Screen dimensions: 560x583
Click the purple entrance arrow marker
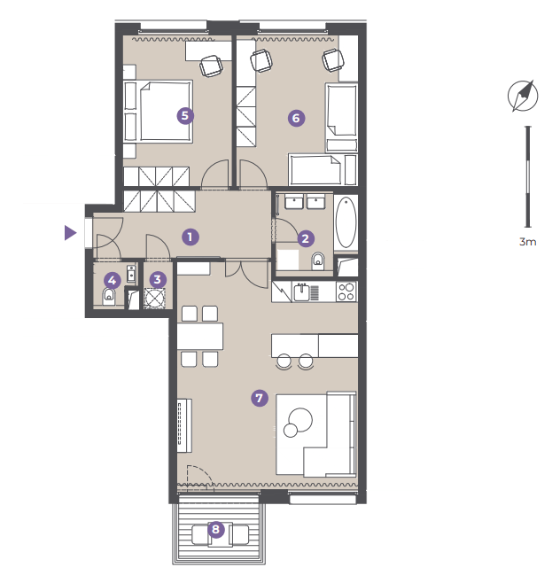coord(70,233)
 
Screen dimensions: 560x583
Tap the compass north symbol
coord(523,96)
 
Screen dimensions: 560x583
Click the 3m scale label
coord(527,242)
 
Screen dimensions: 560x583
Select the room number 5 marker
coord(185,116)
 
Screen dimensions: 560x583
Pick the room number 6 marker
coord(296,118)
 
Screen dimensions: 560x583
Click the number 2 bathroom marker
coord(306,238)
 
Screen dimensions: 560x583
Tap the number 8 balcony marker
coord(215,529)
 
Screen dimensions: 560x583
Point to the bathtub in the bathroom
coord(346,222)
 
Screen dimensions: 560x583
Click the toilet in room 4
coord(109,296)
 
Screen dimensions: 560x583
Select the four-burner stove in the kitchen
coord(346,291)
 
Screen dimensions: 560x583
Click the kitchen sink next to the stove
coord(301,292)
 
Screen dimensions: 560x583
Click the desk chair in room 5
coord(211,66)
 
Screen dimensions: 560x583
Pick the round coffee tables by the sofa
coord(298,423)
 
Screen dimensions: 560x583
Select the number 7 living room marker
coord(260,398)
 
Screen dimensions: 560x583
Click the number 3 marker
coord(158,279)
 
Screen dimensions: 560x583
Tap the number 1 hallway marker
coord(191,237)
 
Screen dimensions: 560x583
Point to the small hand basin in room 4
coord(132,273)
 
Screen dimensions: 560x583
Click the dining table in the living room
coord(200,337)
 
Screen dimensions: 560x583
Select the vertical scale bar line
coord(527,176)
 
